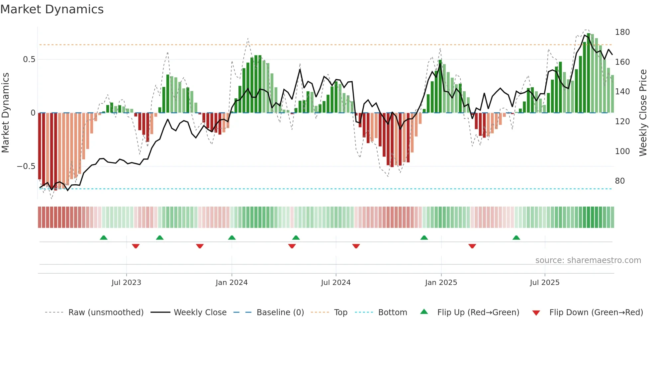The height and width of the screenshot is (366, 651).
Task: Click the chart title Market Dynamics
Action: coord(52,9)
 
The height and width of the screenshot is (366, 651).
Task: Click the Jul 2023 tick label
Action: coord(126,283)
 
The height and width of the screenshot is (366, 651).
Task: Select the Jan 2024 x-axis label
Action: coord(232,283)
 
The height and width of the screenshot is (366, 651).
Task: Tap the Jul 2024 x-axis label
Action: coord(336,283)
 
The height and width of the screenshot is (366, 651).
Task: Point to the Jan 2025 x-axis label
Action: coord(441,283)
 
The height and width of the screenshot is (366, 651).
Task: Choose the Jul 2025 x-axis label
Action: coord(545,283)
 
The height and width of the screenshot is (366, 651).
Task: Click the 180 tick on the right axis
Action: coord(622,32)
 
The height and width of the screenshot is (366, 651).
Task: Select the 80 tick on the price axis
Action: coord(620,181)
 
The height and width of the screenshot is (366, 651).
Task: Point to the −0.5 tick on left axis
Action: coord(26,166)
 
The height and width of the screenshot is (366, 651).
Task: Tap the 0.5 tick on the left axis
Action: coord(29,59)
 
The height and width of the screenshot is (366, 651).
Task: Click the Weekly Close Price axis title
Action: coord(643,113)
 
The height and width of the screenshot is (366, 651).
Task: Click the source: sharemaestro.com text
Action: coord(588,260)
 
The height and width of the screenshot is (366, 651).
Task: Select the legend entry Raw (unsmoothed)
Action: coord(106,313)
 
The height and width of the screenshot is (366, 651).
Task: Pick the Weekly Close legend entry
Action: coord(200,313)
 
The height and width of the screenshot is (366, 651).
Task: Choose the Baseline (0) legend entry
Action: coord(280,313)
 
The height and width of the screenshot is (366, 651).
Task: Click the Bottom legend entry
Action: coord(392,313)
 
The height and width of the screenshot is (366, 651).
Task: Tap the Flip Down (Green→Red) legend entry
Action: coord(596,313)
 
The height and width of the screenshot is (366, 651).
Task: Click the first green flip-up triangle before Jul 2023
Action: coord(104,237)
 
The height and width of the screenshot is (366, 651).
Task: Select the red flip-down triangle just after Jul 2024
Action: coord(356,246)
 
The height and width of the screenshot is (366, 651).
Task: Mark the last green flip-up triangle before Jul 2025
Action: coord(516,237)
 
